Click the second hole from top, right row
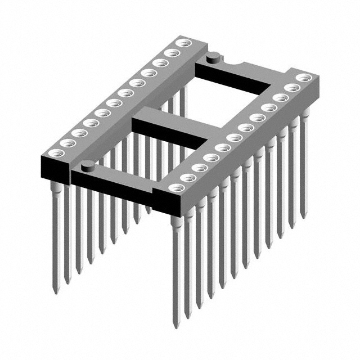(291, 88)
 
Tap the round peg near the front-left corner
(88, 164)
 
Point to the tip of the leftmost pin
(55, 292)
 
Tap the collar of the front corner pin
(175, 223)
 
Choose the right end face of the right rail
(315, 93)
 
